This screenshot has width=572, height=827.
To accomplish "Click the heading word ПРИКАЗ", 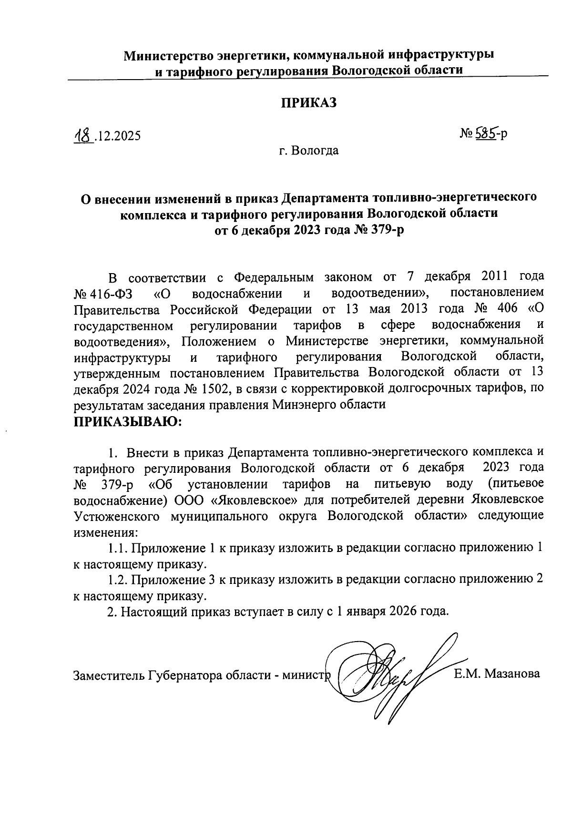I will pos(308,102).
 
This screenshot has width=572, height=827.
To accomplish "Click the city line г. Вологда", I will pos(308,151).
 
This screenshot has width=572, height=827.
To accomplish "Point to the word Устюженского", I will pos(116,516).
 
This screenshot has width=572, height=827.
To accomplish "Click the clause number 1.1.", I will pos(117,549).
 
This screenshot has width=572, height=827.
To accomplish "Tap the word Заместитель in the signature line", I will pos(109,675).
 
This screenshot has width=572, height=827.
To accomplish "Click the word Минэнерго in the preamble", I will pos(309,406).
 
